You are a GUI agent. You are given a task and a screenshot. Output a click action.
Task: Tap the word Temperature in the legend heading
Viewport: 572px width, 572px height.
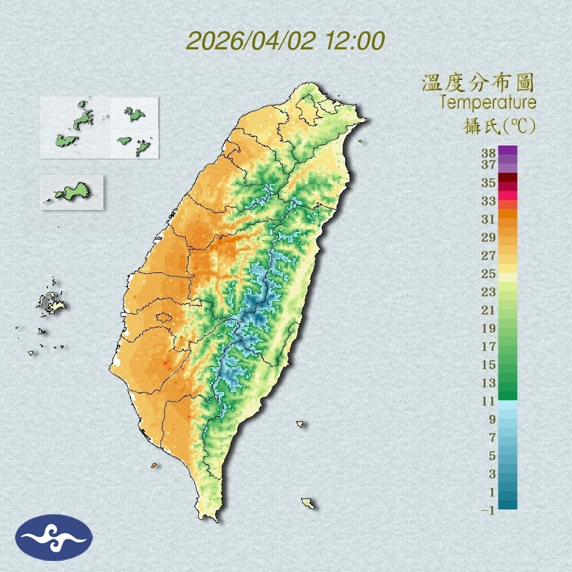tap(487, 103)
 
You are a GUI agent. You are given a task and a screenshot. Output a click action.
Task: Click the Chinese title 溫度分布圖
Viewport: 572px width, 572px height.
tap(478, 83)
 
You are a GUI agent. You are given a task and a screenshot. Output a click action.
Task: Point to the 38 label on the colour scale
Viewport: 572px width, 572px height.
tap(489, 153)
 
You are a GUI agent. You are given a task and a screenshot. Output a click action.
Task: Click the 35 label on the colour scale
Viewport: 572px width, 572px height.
tap(489, 183)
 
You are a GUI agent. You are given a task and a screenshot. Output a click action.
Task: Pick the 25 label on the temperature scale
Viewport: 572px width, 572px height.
tap(489, 274)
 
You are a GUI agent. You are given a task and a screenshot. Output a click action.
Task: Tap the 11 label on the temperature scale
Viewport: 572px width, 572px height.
tap(489, 401)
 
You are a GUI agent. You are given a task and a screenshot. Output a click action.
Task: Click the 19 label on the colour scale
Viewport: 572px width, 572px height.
tap(489, 328)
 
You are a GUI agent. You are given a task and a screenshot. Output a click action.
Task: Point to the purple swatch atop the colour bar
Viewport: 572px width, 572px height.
tap(508, 150)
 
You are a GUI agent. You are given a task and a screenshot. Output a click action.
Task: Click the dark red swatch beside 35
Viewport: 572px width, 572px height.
tap(508, 178)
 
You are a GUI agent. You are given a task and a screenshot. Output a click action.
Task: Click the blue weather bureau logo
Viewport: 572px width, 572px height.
tap(55, 538)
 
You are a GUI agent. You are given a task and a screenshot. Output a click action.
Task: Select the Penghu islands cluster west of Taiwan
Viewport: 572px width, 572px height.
tap(48, 303)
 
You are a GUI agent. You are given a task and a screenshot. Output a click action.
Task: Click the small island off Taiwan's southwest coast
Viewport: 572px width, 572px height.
tap(154, 465)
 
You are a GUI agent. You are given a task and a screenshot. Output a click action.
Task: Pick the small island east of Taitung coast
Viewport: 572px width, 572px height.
tap(300, 424)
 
